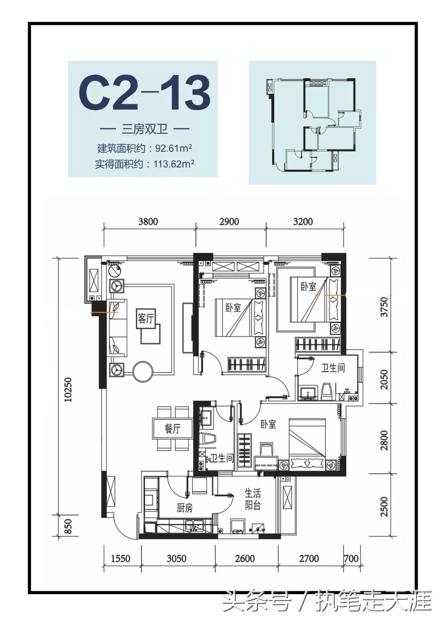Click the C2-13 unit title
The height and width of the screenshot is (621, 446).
pyautogui.click(x=145, y=93)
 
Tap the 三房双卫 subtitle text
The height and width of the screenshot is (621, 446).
pyautogui.click(x=145, y=129)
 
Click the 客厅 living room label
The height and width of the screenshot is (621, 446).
pyautogui.click(x=145, y=319)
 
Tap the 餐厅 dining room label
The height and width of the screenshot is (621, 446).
pyautogui.click(x=173, y=429)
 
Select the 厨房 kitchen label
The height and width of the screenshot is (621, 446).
pyautogui.click(x=185, y=507)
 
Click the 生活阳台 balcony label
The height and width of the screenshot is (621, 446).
pyautogui.click(x=252, y=499)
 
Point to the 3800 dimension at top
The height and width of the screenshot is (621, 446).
pyautogui.click(x=148, y=222)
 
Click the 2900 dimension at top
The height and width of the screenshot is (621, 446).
pyautogui.click(x=229, y=222)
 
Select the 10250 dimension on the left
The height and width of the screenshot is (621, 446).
pyautogui.click(x=68, y=389)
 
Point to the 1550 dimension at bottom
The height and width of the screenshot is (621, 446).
pyautogui.click(x=121, y=559)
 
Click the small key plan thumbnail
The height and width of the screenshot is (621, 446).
pyautogui.click(x=312, y=123)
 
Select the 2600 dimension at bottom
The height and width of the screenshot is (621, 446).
pyautogui.click(x=244, y=559)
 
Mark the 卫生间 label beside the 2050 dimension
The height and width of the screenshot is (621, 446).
pyautogui.click(x=333, y=367)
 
